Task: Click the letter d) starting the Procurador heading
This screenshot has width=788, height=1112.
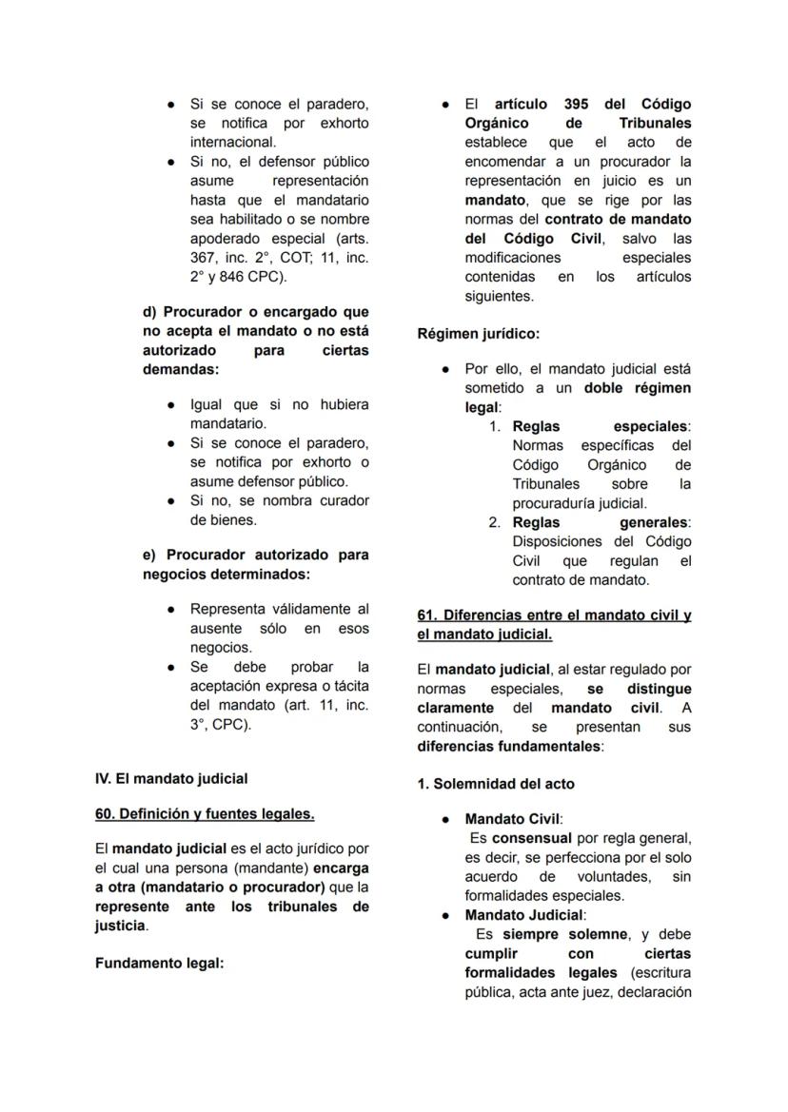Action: [150, 311]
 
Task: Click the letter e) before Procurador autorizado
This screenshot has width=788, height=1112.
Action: [149, 555]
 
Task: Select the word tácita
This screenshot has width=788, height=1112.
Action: [347, 686]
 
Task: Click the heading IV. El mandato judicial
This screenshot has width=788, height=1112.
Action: [171, 778]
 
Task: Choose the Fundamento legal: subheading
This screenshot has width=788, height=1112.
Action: [159, 963]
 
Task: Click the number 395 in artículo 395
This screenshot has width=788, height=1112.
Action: [576, 104]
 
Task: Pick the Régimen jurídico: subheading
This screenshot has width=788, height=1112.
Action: [479, 334]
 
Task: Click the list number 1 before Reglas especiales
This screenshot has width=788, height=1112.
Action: [495, 426]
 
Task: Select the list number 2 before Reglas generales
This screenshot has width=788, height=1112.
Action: [495, 522]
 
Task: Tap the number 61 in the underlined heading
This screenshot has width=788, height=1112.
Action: [426, 615]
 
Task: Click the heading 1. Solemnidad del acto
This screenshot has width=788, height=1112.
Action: [496, 784]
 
